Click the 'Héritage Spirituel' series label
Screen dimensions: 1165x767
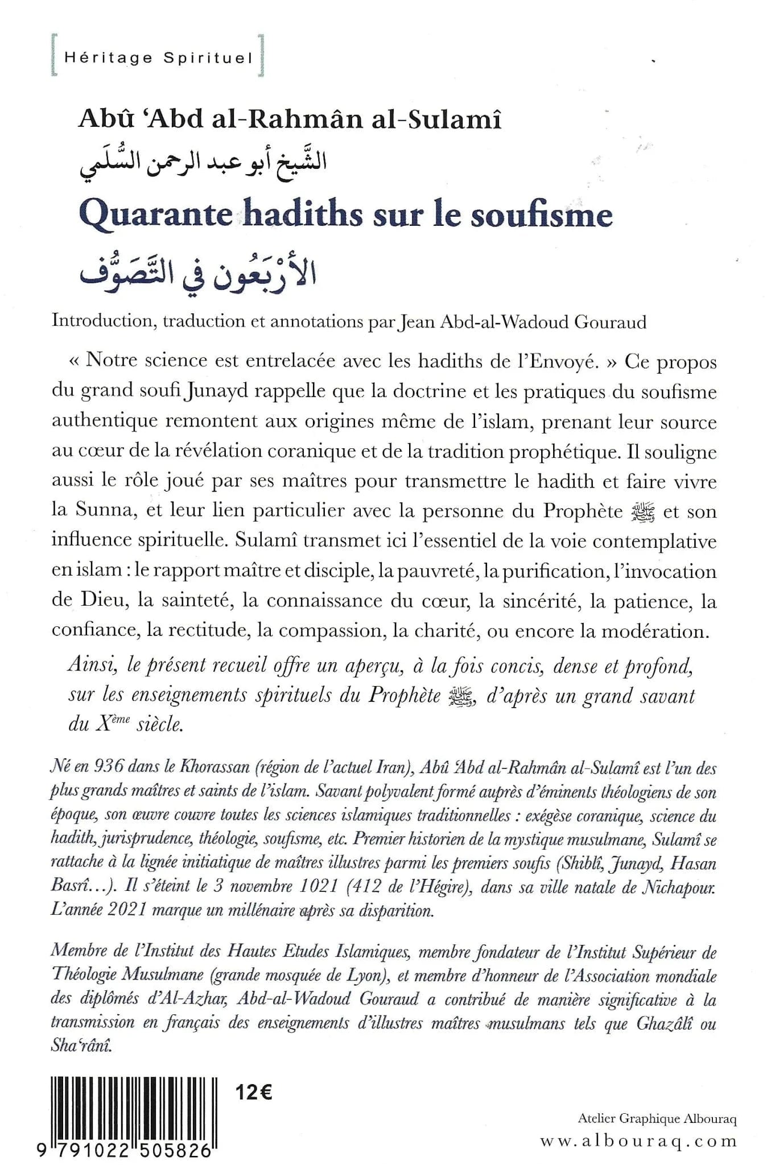(158, 58)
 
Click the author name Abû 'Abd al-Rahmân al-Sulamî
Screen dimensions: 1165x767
(290, 121)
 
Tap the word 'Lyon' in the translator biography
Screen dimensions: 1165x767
(366, 977)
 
